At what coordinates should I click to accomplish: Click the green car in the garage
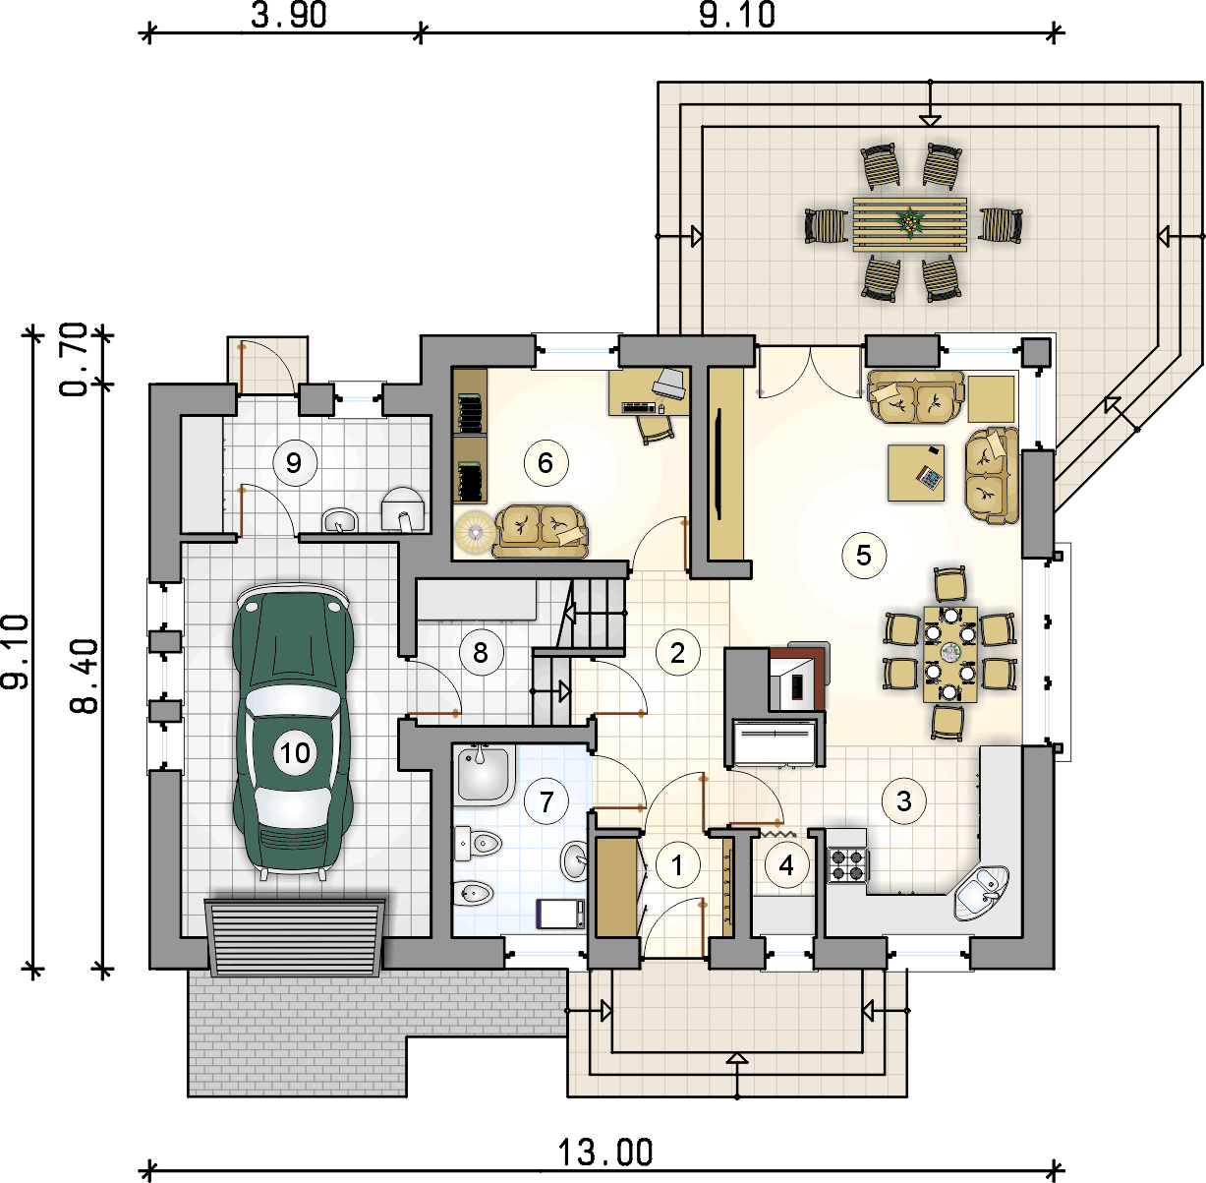[x=293, y=732]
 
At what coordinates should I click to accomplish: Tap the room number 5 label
[x=864, y=555]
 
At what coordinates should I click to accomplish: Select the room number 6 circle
[x=546, y=463]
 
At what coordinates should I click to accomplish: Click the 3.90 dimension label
[x=289, y=15]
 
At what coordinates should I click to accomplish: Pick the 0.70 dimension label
[x=74, y=360]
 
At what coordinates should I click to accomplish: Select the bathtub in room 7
[x=485, y=775]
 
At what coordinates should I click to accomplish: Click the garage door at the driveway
[x=295, y=937]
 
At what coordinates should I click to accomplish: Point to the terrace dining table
[x=909, y=224]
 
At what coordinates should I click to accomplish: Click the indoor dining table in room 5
[x=950, y=654]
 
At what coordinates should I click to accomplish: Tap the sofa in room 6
[x=541, y=531]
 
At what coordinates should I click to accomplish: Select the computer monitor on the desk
[x=669, y=382]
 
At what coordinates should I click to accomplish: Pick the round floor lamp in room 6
[x=476, y=532]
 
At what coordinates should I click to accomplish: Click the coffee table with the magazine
[x=916, y=473]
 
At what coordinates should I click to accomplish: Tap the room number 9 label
[x=294, y=463]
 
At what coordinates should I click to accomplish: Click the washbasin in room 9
[x=340, y=519]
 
